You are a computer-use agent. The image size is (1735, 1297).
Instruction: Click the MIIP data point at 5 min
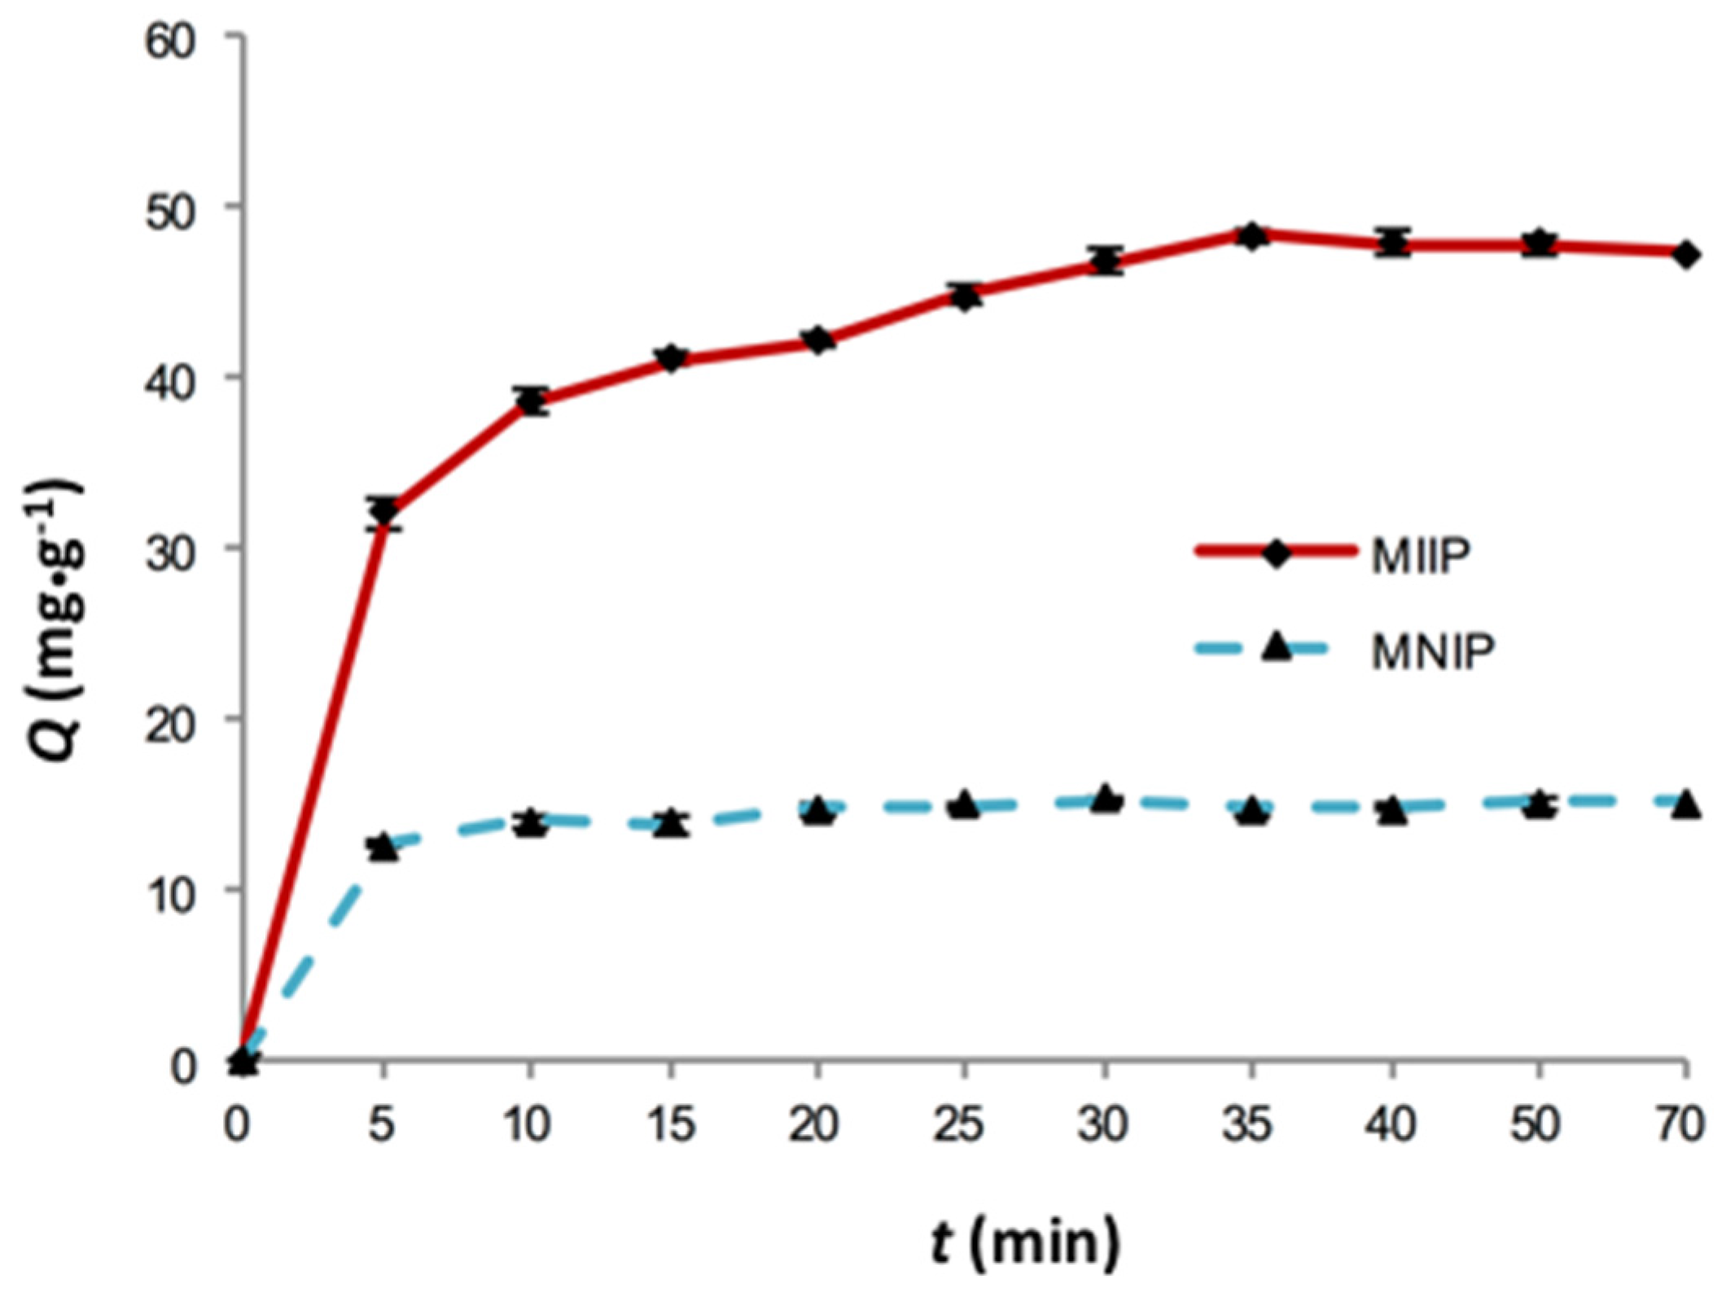point(383,511)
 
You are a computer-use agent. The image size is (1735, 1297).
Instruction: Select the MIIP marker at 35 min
point(1251,236)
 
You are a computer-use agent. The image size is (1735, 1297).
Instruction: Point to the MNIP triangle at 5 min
point(383,848)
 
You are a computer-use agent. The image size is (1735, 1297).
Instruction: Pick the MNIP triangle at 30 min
point(1106,800)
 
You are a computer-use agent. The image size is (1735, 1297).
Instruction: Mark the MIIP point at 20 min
point(817,340)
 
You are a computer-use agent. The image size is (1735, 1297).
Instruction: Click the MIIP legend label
point(1421,558)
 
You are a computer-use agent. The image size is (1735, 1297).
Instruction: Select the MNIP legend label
point(1432,652)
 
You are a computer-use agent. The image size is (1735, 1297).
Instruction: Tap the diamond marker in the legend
point(1276,554)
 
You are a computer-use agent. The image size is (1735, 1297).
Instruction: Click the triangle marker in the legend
point(1276,649)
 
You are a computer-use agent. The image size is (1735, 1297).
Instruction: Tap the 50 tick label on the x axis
point(1536,1125)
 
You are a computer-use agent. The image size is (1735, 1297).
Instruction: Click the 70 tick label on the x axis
point(1679,1125)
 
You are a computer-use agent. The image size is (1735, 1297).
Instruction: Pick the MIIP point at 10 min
point(532,401)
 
